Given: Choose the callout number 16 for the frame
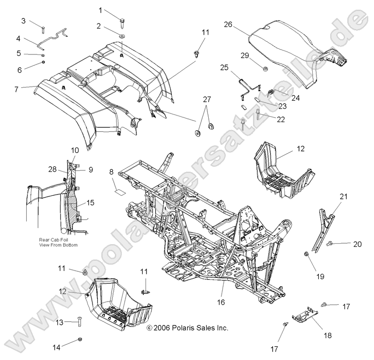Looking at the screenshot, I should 221,302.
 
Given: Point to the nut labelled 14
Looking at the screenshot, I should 79,339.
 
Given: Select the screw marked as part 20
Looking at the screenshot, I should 333,243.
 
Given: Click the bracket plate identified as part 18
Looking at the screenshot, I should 305,314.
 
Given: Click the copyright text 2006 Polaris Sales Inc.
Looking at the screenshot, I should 187,328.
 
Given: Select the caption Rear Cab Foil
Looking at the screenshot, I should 51,240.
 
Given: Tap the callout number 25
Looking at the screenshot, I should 224,68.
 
